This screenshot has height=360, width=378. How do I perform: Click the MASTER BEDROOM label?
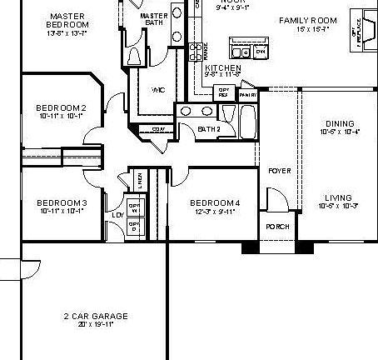[x=69, y=20]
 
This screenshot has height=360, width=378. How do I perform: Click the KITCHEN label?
[x=222, y=67]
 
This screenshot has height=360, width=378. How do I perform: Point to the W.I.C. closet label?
[x=157, y=89]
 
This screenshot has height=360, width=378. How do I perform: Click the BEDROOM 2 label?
[x=62, y=107]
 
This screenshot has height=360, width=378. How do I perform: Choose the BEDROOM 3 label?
[x=62, y=202]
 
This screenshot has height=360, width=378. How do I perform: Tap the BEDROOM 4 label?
[x=215, y=202]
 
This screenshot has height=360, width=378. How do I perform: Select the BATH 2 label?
[x=208, y=128]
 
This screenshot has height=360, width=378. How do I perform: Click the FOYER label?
[x=279, y=171]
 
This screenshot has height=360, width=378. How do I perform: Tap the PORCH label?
[x=277, y=227]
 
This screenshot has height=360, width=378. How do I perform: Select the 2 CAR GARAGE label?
[x=95, y=316]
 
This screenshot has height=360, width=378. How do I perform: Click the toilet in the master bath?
[x=136, y=56]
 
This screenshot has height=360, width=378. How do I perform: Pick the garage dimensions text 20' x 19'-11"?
[x=95, y=324]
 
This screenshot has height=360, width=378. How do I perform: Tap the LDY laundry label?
[x=117, y=215]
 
